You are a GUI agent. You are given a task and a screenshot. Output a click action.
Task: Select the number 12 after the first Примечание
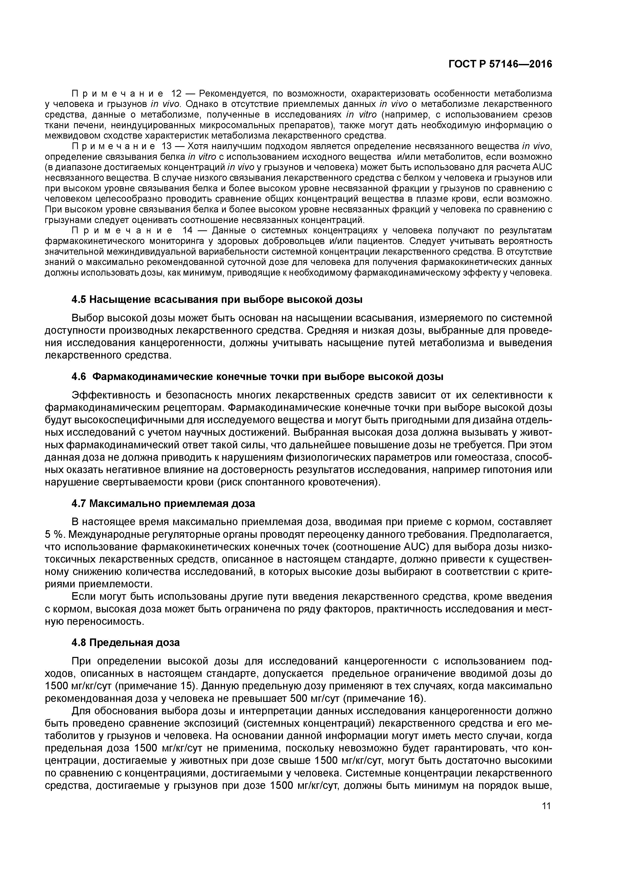click(176, 94)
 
